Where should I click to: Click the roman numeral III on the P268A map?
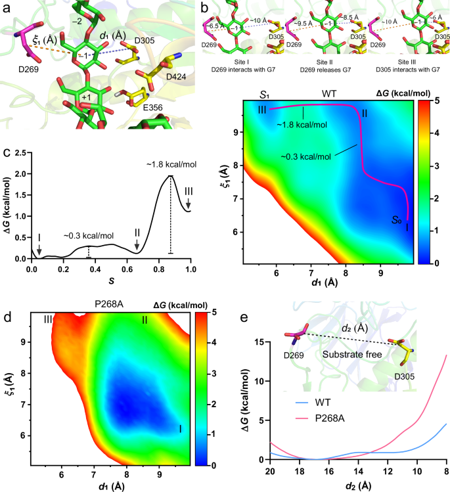(48, 319)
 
